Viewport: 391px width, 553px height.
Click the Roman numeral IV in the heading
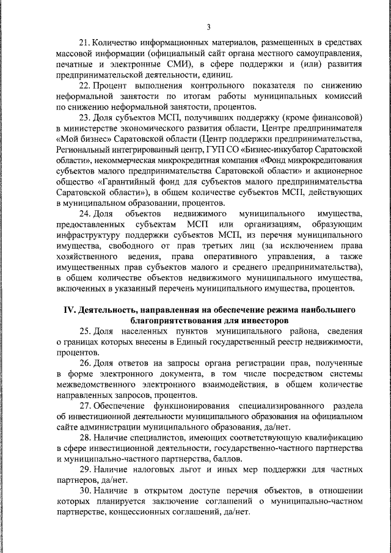70,310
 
